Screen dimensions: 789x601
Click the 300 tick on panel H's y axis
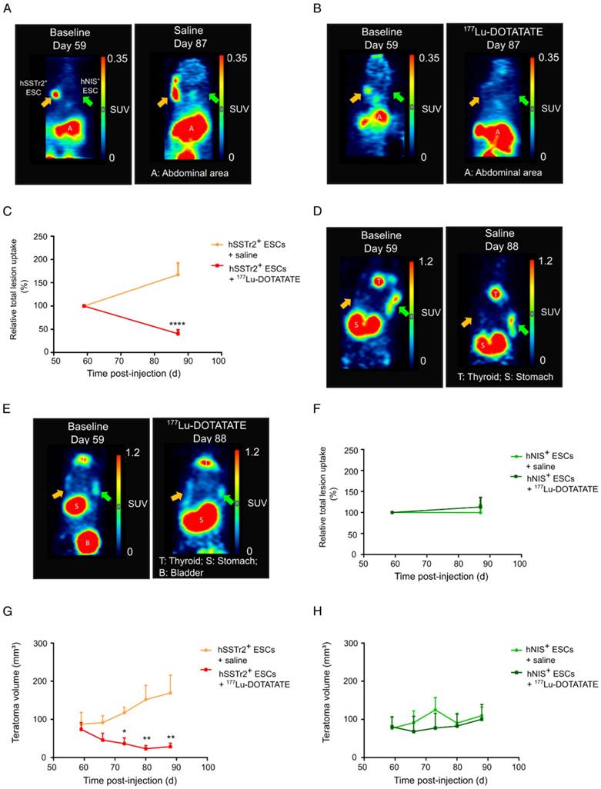pos(330,643)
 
